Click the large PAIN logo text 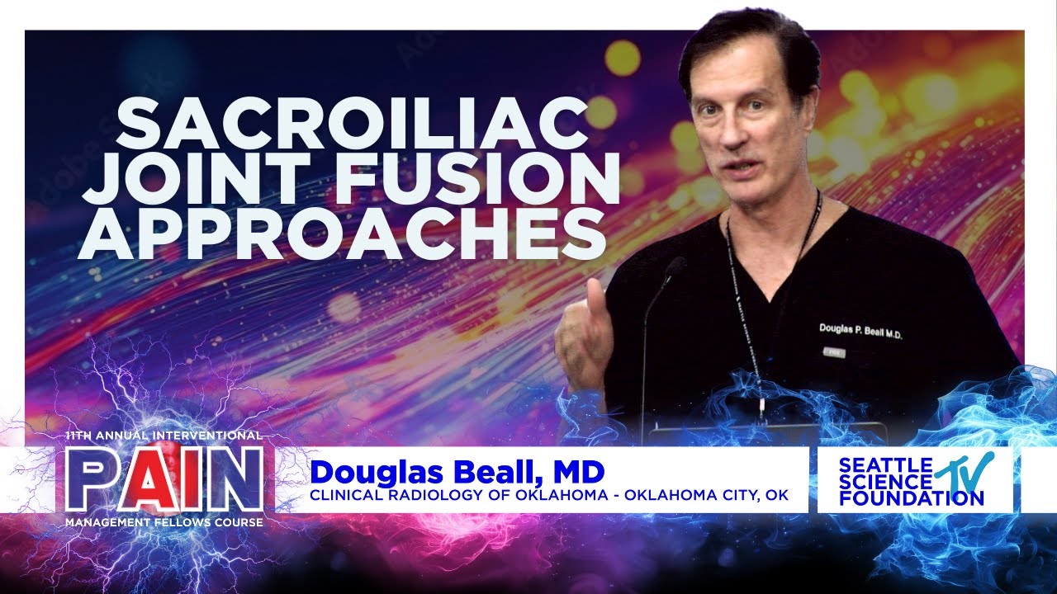tap(160, 478)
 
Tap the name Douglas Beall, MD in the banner tap(457, 473)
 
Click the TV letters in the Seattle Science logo tap(972, 469)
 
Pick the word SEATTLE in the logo tap(875, 464)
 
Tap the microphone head tap(675, 266)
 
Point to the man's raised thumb tap(595, 293)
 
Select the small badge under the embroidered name tap(832, 351)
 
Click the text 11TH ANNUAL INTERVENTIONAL tap(163, 435)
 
